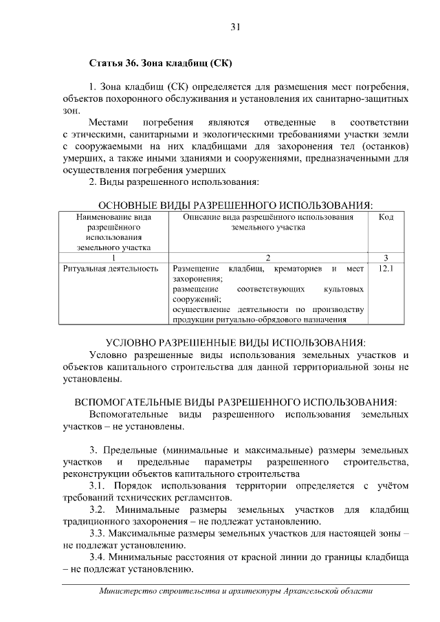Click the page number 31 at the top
pyautogui.click(x=235, y=27)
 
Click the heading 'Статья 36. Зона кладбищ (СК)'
pyautogui.click(x=161, y=65)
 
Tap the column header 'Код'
pyautogui.click(x=386, y=217)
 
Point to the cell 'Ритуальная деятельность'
pyautogui.click(x=110, y=269)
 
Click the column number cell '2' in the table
pyautogui.click(x=267, y=258)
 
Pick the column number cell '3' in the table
pyautogui.click(x=386, y=258)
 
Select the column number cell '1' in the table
pyautogui.click(x=110, y=258)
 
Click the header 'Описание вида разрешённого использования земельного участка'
pyautogui.click(x=267, y=222)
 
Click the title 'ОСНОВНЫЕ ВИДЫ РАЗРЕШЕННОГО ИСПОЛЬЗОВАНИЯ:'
pyautogui.click(x=235, y=206)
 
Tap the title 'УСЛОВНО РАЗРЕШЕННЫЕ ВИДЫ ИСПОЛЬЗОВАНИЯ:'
pyautogui.click(x=235, y=342)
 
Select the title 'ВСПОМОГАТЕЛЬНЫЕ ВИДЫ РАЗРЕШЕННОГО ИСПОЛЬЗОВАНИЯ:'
pyautogui.click(x=235, y=401)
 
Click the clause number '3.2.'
pyautogui.click(x=101, y=511)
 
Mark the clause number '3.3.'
pyautogui.click(x=101, y=534)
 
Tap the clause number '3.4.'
pyautogui.click(x=101, y=557)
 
